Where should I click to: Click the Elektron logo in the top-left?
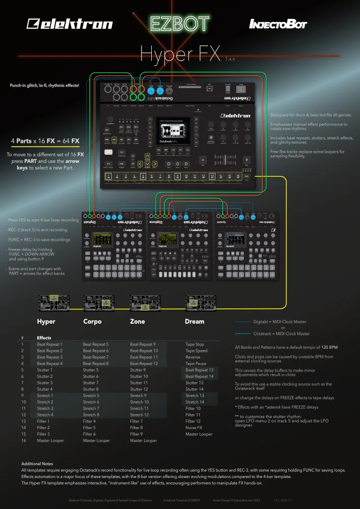pyautogui.click(x=70, y=24)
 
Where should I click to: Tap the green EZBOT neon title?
pyautogui.click(x=179, y=23)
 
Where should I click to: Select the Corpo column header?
pyautogui.click(x=92, y=322)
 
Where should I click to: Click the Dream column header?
pyautogui.click(x=195, y=322)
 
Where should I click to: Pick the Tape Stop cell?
pyautogui.click(x=195, y=345)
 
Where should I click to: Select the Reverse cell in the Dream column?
pyautogui.click(x=193, y=357)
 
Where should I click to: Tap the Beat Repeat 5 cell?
pyautogui.click(x=96, y=345)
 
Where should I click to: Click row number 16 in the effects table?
pyautogui.click(x=23, y=440)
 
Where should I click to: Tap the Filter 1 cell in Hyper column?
pyautogui.click(x=43, y=421)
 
